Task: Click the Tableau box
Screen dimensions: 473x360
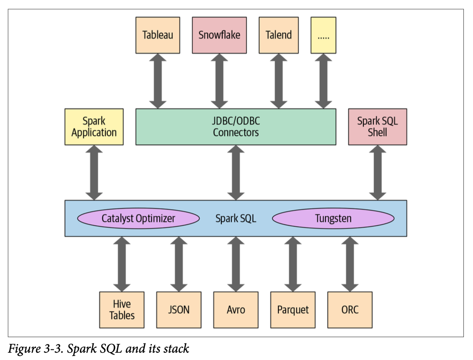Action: tap(158, 35)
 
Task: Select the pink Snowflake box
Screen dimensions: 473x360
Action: tap(219, 35)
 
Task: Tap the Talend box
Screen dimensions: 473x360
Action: tap(279, 35)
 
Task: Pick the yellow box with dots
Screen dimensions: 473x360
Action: tap(323, 35)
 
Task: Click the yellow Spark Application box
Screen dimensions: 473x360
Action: tap(94, 127)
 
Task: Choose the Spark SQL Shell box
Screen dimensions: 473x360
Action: tap(378, 127)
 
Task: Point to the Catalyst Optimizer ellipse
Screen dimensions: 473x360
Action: tap(138, 218)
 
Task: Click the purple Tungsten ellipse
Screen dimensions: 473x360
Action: tap(333, 218)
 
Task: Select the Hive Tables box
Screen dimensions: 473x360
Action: tap(122, 310)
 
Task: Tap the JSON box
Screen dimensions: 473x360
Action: tap(179, 310)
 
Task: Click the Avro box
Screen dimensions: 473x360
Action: tap(236, 310)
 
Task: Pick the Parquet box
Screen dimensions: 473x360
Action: tap(293, 310)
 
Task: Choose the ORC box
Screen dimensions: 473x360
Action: tap(350, 310)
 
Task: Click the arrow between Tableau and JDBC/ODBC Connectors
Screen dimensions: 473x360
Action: tap(158, 81)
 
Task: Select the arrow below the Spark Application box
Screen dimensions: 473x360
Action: tap(94, 173)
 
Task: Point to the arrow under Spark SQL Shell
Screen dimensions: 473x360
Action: tap(378, 173)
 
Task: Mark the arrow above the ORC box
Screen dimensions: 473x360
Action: tap(350, 264)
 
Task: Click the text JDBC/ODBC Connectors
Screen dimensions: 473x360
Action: tap(236, 127)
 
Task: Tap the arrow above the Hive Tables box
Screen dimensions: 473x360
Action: tap(122, 264)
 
